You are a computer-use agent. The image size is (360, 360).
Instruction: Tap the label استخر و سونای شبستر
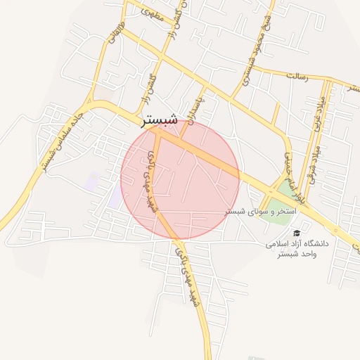(261, 212)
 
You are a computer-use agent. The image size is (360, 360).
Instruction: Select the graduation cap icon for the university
(297, 233)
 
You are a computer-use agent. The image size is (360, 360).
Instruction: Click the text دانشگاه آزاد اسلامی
(297, 243)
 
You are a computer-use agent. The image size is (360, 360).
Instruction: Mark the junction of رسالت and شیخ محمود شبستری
(252, 69)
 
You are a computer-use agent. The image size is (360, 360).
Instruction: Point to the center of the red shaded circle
(181, 179)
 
